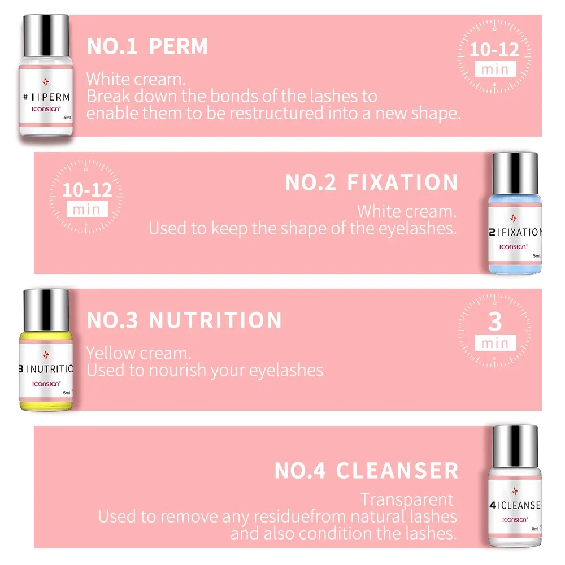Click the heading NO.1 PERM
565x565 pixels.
pos(147,46)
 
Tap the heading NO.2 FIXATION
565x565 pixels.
pos(372,182)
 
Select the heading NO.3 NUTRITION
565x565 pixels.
pos(184,320)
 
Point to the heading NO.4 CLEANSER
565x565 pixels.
pos(367,471)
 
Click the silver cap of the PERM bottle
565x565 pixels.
pos(46,35)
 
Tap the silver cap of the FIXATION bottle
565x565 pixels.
pos(515,173)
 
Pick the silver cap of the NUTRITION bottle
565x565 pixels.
pos(46,310)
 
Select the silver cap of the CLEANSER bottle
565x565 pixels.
pos(515,446)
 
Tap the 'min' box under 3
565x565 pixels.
pos(496,343)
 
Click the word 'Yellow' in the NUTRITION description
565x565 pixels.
pos(110,354)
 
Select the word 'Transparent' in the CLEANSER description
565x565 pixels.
pos(407,500)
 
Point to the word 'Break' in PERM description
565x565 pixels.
pos(108,96)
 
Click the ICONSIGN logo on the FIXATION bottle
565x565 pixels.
pos(513,247)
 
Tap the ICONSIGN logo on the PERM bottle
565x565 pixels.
pos(46,109)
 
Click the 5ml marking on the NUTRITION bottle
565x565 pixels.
pos(67,393)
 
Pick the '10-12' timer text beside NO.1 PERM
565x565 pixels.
pos(494,49)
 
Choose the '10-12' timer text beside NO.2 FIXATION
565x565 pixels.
pos(87,190)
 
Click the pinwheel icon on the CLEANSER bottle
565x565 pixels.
pos(515,491)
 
